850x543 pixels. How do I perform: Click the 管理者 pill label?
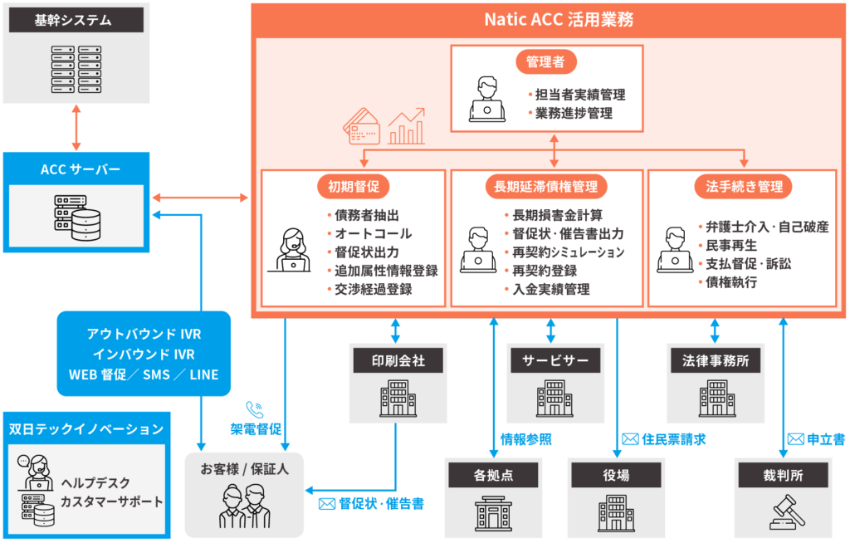tap(547, 62)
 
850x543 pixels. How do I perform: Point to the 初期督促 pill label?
tap(354, 187)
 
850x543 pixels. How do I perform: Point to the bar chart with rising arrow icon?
tap(406, 124)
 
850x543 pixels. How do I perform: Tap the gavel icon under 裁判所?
tap(785, 511)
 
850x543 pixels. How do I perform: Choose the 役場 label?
tap(616, 476)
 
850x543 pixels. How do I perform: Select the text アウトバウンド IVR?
tap(144, 334)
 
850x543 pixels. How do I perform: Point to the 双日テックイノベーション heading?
tap(86, 429)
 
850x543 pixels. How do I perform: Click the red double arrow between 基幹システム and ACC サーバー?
tap(76, 127)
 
